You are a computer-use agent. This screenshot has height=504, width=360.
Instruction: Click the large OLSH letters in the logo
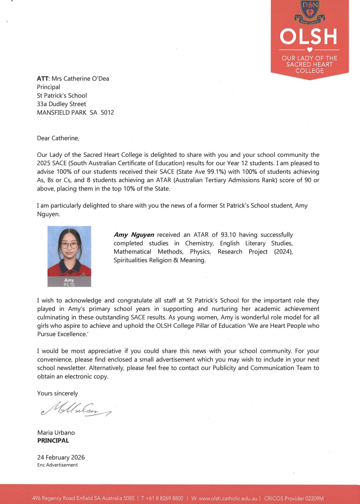coord(308,37)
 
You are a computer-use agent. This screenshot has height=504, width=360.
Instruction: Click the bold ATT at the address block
coord(42,79)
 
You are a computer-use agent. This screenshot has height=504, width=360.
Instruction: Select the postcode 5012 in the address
coord(107,112)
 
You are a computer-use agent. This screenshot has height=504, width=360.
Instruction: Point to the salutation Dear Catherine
coord(58,138)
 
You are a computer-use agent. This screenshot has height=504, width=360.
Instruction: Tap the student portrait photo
coord(69,251)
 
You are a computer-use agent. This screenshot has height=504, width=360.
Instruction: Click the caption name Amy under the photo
coord(69,280)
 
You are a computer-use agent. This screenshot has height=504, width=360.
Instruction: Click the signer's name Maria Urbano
coord(56,433)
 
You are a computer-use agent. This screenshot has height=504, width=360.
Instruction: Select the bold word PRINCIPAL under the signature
coord(53,441)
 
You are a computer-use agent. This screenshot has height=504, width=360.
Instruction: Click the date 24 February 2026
coord(61,458)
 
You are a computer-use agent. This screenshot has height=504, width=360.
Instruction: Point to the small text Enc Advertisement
coord(57,465)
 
